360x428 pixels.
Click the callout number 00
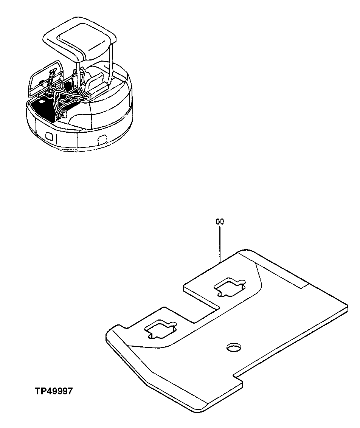click(x=220, y=222)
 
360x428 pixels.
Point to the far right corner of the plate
click(x=346, y=305)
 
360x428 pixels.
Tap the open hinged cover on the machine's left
click(x=45, y=78)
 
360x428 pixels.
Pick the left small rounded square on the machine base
click(x=49, y=135)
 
